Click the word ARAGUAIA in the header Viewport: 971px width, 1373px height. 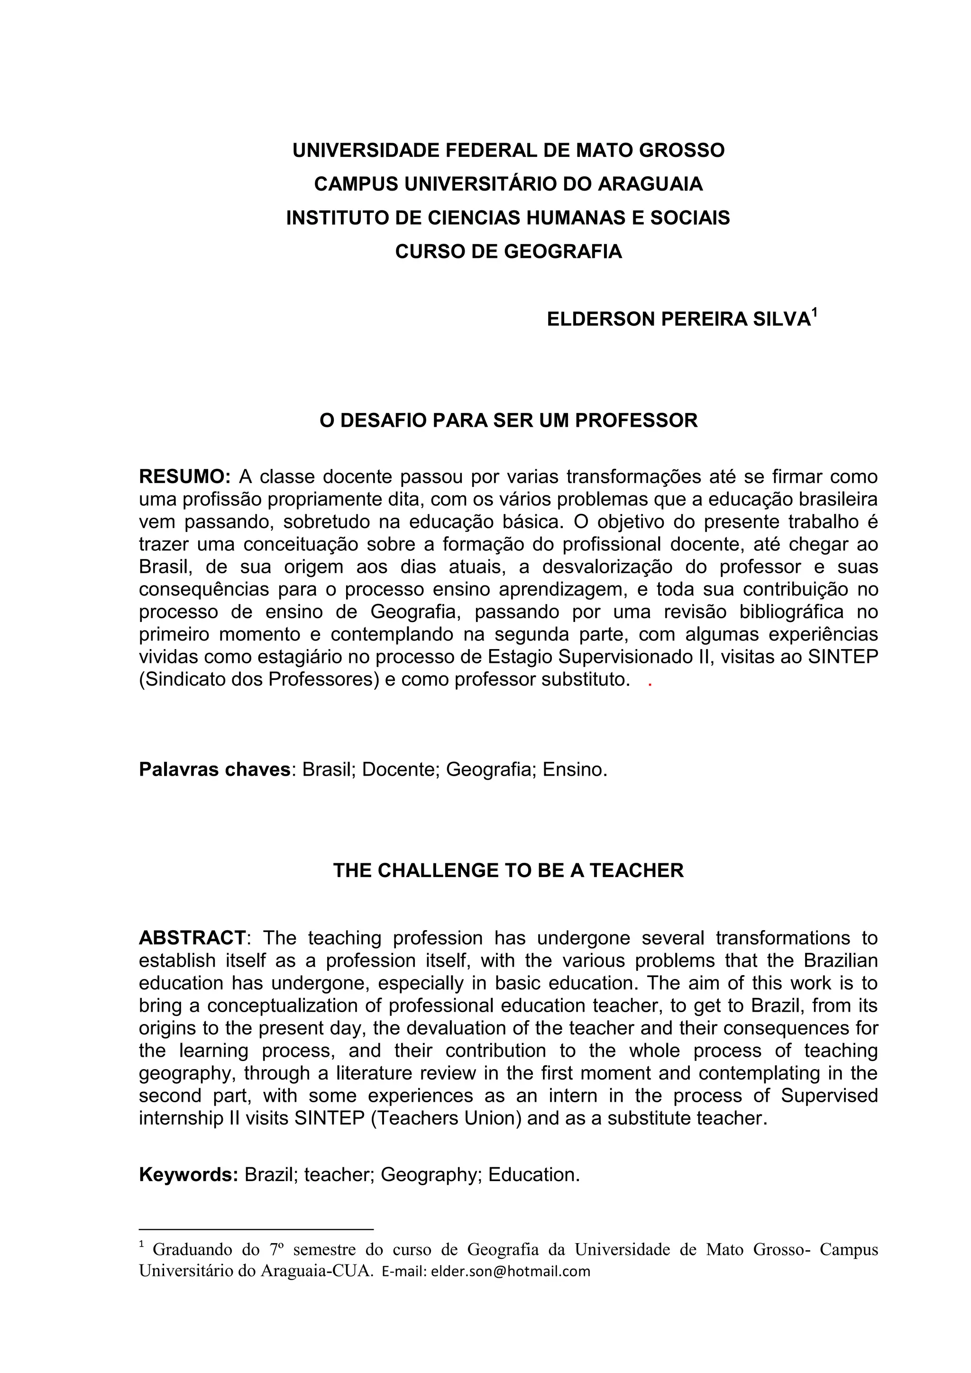coord(650,183)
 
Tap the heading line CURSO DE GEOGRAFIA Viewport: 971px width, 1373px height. coord(508,251)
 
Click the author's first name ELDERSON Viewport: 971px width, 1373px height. coord(600,320)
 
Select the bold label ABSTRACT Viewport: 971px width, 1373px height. coord(192,938)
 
